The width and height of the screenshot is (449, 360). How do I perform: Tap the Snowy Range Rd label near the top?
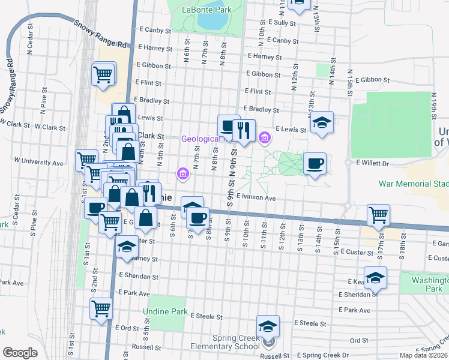(x=101, y=35)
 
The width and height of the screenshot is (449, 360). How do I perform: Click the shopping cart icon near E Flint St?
(x=103, y=75)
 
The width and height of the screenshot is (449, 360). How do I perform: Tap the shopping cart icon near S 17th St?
(x=379, y=215)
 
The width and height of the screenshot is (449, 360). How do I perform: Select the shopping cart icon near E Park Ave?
(x=101, y=309)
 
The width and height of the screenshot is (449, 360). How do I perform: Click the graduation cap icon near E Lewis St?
(x=322, y=123)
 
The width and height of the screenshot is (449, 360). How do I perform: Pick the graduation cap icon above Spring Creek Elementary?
(x=268, y=326)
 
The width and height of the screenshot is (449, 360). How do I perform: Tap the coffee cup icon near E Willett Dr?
(x=315, y=164)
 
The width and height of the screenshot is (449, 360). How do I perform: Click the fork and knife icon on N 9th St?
(x=244, y=131)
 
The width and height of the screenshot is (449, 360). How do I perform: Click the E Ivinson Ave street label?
(x=256, y=197)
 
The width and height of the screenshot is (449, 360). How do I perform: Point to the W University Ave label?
(x=38, y=162)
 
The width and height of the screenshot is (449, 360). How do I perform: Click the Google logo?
(x=20, y=352)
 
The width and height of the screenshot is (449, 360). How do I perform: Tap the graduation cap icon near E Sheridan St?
(x=375, y=278)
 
